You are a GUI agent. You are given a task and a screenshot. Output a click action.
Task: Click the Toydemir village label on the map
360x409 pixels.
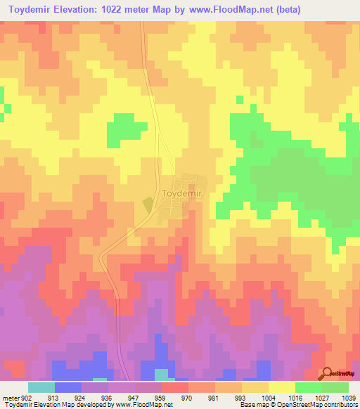(172, 194)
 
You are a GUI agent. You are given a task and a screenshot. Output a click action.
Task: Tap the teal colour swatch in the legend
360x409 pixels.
(41, 387)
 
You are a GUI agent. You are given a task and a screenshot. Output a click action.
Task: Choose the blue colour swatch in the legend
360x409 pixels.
(68, 387)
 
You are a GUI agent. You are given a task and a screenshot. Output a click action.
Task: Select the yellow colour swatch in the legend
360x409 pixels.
(282, 387)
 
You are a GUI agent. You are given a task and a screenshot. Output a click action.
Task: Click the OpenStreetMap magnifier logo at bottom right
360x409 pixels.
(328, 372)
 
